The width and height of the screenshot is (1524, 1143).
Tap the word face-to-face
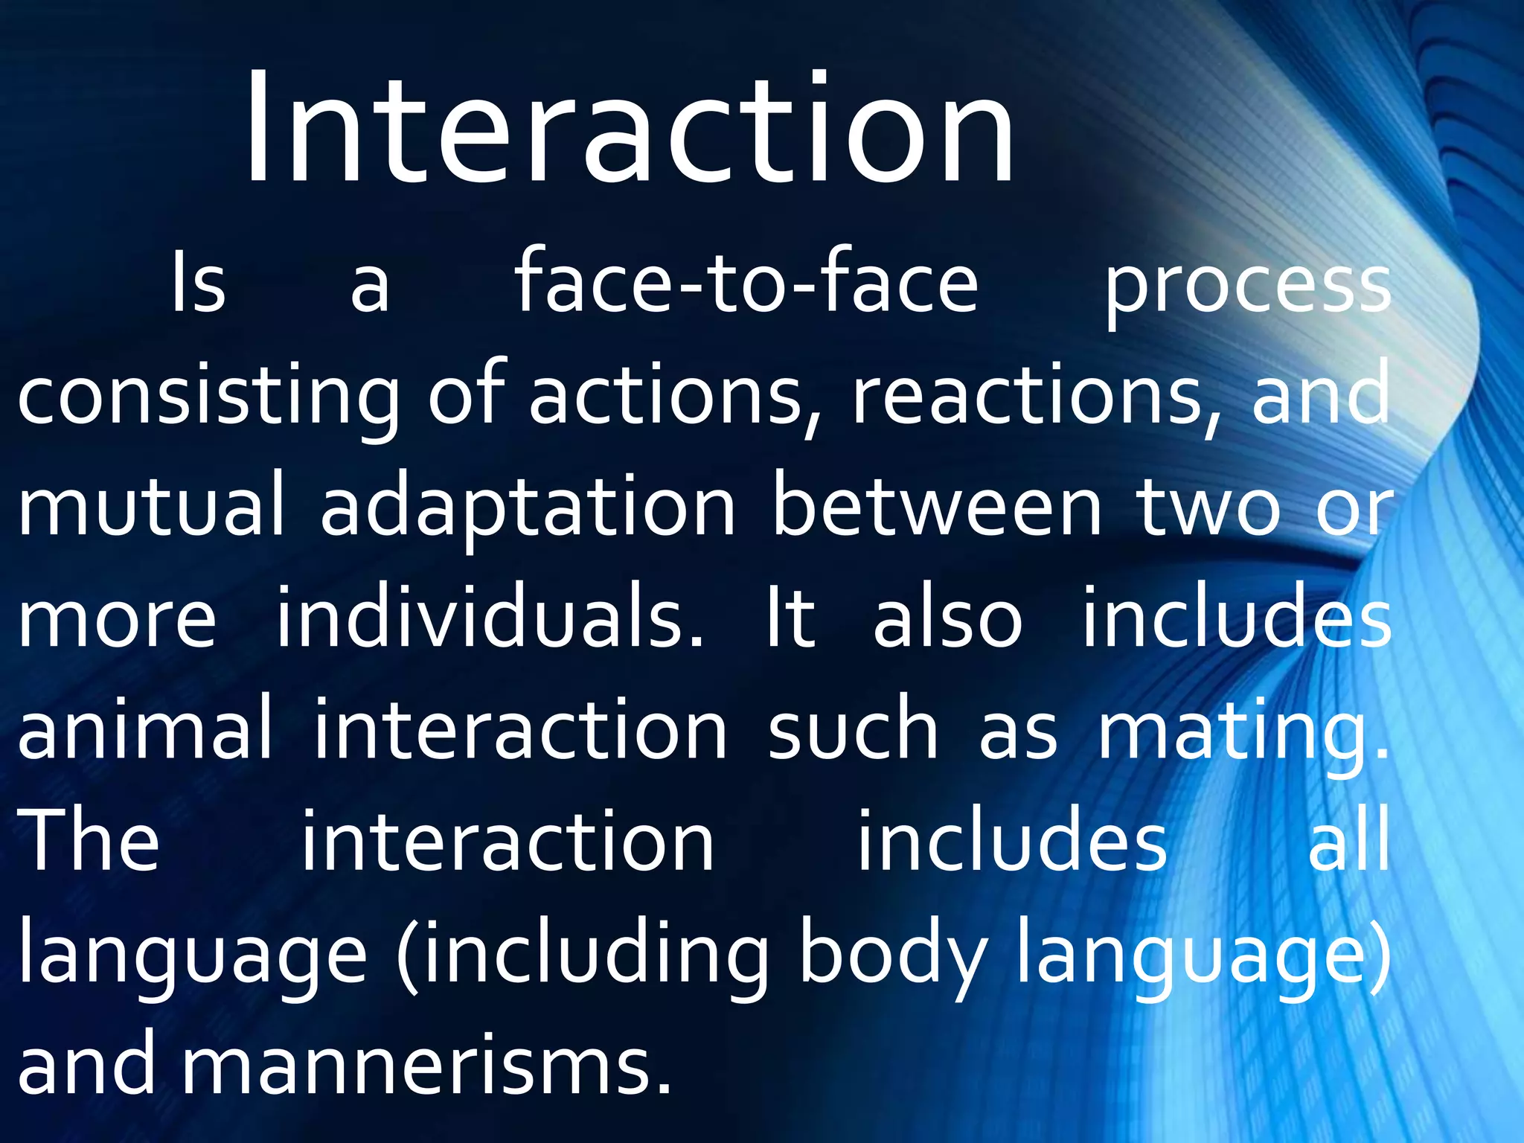746,283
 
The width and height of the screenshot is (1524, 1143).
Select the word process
1247,286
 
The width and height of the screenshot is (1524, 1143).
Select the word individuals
489,618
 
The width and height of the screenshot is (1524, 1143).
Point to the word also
948,618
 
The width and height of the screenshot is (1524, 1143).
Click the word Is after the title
198,283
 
